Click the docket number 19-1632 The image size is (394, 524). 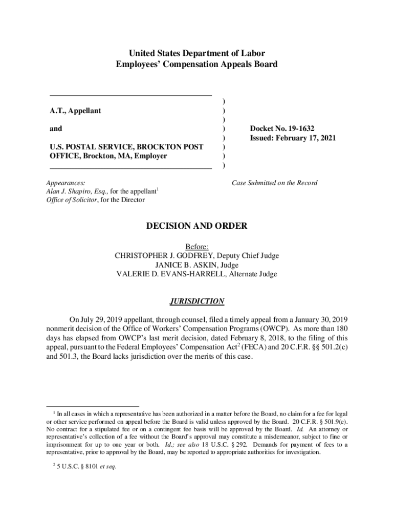(310, 128)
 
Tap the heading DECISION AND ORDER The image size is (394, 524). (197, 226)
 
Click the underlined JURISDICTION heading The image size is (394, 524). (197, 301)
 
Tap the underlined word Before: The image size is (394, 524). (197, 247)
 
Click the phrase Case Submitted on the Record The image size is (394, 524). (274, 183)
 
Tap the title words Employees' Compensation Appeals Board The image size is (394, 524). (197, 64)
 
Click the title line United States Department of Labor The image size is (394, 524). (197, 53)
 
